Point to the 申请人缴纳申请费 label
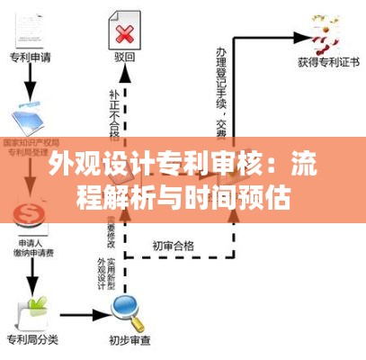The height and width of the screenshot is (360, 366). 32,247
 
